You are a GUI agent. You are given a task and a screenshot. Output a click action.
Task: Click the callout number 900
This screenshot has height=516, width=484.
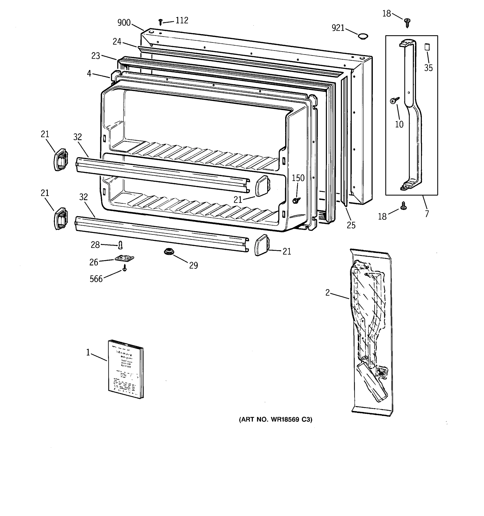pyautogui.click(x=124, y=23)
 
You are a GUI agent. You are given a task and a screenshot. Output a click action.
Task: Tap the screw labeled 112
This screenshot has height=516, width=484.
pyautogui.click(x=160, y=22)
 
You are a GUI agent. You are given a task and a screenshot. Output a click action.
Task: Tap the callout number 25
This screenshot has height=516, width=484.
pyautogui.click(x=351, y=225)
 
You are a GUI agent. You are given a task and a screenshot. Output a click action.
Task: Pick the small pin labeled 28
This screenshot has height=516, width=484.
pyautogui.click(x=120, y=245)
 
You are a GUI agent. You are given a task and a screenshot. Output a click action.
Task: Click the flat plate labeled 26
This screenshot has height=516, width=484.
pyautogui.click(x=124, y=258)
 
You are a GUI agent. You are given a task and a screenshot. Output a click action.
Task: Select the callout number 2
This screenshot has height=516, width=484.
pyautogui.click(x=327, y=293)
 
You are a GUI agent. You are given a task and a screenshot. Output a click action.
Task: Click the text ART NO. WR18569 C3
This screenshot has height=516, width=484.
pyautogui.click(x=275, y=419)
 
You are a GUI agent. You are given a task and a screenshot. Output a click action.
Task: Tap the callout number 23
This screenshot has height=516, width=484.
pyautogui.click(x=96, y=55)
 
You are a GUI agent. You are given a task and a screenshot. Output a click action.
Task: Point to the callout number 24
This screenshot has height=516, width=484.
pyautogui.click(x=117, y=41)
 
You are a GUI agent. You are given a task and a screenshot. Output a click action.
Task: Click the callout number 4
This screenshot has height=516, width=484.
pyautogui.click(x=89, y=74)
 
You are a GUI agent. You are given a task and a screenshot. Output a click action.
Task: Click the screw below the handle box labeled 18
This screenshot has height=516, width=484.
pyautogui.click(x=403, y=206)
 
